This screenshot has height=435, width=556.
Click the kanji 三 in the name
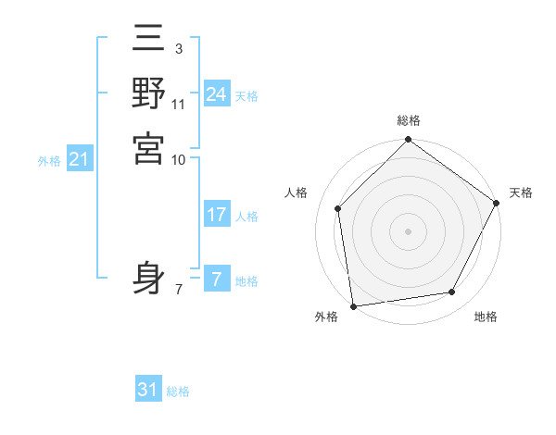148,42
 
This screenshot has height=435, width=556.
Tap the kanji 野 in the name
148,94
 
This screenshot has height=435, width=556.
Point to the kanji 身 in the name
148,279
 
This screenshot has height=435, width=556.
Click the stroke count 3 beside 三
178,46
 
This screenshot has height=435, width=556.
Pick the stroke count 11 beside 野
179,105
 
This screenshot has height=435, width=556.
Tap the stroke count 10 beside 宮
179,159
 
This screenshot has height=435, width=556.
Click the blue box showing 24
216,94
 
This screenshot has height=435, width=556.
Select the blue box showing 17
216,215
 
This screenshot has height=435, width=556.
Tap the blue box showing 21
80,159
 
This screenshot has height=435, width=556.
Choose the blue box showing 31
148,390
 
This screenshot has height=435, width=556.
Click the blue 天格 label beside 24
246,96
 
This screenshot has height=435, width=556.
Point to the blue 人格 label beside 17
246,217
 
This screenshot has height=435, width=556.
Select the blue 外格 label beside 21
49,161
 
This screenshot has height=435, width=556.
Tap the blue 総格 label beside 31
178,391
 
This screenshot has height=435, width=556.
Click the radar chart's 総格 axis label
408,120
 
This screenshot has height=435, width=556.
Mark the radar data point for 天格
497,203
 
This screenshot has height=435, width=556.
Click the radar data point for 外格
353,305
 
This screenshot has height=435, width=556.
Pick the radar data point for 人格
338,208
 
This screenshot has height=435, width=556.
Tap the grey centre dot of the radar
408,231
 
